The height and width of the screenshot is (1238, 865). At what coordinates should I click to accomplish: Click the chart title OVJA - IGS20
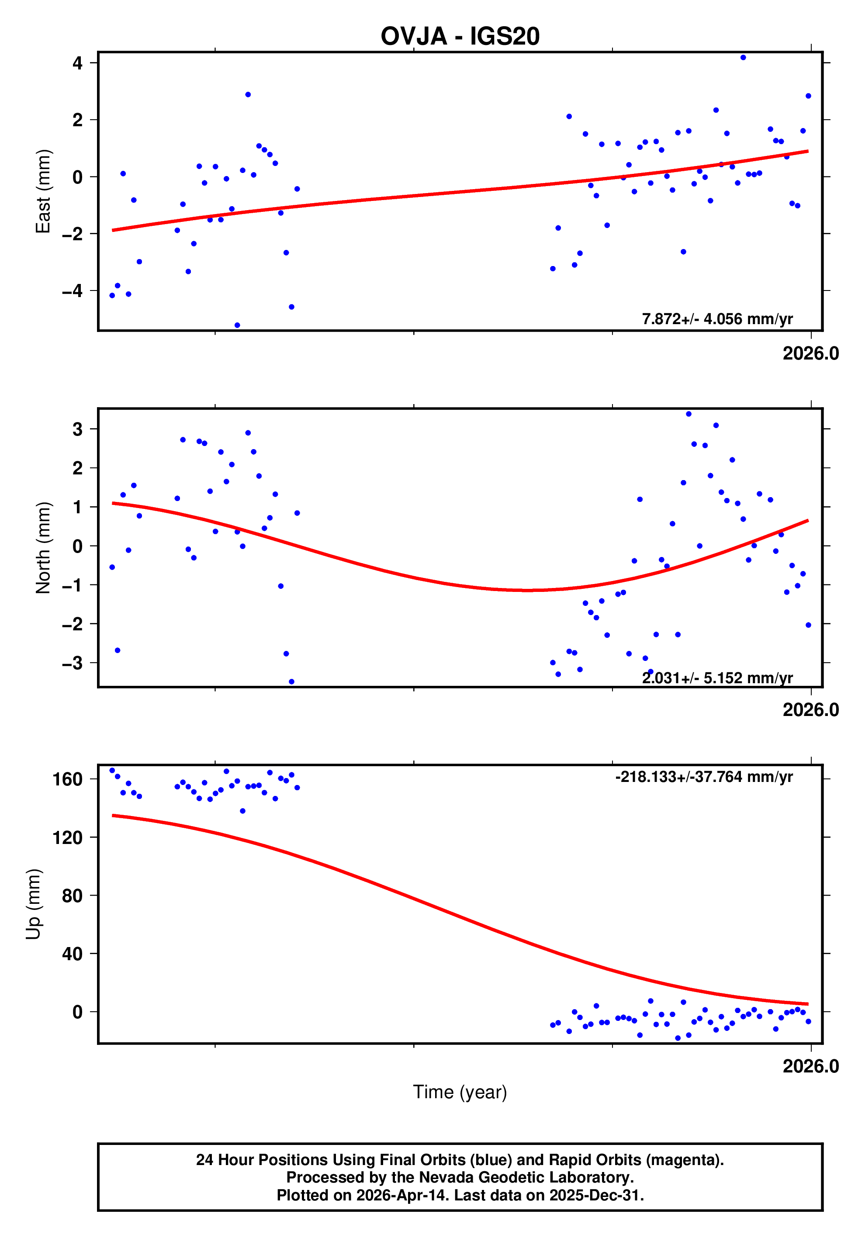(460, 36)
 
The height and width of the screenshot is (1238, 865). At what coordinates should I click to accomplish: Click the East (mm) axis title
(43, 191)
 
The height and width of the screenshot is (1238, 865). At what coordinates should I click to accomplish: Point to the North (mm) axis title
(43, 548)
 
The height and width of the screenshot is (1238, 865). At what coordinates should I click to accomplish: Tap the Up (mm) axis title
(34, 904)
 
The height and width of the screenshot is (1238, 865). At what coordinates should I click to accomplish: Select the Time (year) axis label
(460, 1092)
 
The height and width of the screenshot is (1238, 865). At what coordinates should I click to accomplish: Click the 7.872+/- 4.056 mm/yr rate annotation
(717, 318)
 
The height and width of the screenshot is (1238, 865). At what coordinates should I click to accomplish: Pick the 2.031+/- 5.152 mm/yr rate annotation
(717, 678)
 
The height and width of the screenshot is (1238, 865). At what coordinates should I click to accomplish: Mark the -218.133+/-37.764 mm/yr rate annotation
(703, 777)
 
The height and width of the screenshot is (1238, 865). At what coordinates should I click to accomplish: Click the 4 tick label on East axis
(78, 63)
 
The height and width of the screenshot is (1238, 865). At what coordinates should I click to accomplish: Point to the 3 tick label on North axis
(78, 429)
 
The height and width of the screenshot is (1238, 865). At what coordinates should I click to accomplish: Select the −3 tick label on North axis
(72, 663)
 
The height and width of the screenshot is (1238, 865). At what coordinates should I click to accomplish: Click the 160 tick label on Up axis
(67, 779)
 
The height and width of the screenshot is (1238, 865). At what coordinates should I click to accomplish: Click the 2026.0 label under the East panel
(810, 354)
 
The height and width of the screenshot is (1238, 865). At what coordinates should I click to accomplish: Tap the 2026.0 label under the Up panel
(810, 1066)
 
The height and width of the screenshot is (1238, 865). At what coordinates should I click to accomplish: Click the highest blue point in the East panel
(743, 58)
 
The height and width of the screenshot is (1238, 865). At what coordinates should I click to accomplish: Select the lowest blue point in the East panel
(237, 325)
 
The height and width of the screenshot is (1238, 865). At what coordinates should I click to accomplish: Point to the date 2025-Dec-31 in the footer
(595, 1195)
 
